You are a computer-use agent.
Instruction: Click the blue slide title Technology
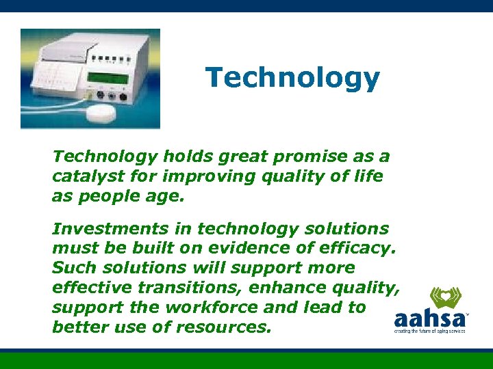(x=292, y=79)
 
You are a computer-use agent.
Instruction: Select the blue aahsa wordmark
(x=429, y=319)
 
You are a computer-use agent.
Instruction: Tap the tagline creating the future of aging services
(x=429, y=331)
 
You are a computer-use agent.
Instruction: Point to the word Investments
(x=104, y=229)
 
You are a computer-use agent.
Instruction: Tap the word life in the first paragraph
(x=368, y=176)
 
